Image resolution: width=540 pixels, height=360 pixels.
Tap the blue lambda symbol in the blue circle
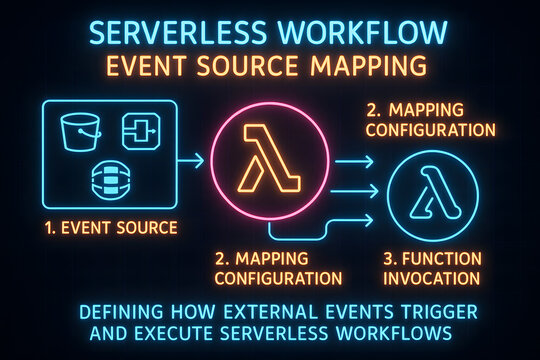click(x=432, y=192)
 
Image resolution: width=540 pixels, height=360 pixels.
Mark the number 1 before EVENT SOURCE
click(x=48, y=228)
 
